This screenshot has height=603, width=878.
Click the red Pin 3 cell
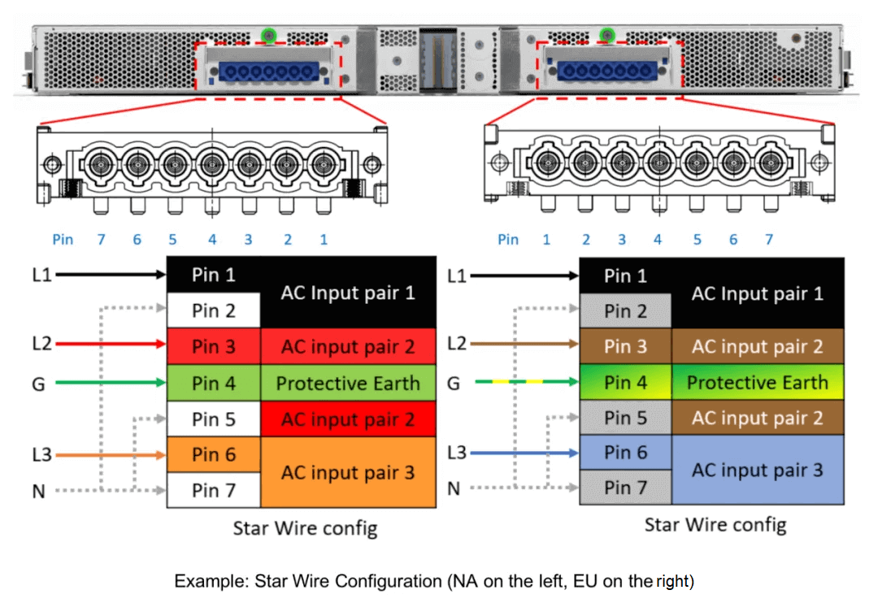tap(213, 347)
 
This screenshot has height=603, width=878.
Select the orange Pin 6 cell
tap(213, 455)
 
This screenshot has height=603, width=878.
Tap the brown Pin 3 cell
tap(625, 347)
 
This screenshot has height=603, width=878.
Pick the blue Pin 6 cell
tap(625, 453)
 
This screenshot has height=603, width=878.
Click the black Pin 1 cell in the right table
tap(625, 276)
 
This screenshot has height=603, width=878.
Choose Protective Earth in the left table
tap(348, 384)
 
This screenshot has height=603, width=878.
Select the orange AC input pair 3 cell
tap(348, 472)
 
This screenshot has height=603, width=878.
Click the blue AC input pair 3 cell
tap(757, 471)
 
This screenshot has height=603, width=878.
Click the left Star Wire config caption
tap(305, 528)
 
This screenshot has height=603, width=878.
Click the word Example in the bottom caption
tap(211, 581)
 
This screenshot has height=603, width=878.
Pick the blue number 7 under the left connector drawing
tap(102, 240)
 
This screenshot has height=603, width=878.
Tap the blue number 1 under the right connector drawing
tap(546, 240)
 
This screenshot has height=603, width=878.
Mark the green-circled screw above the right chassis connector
tap(606, 34)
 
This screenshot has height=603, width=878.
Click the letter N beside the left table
tap(38, 491)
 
